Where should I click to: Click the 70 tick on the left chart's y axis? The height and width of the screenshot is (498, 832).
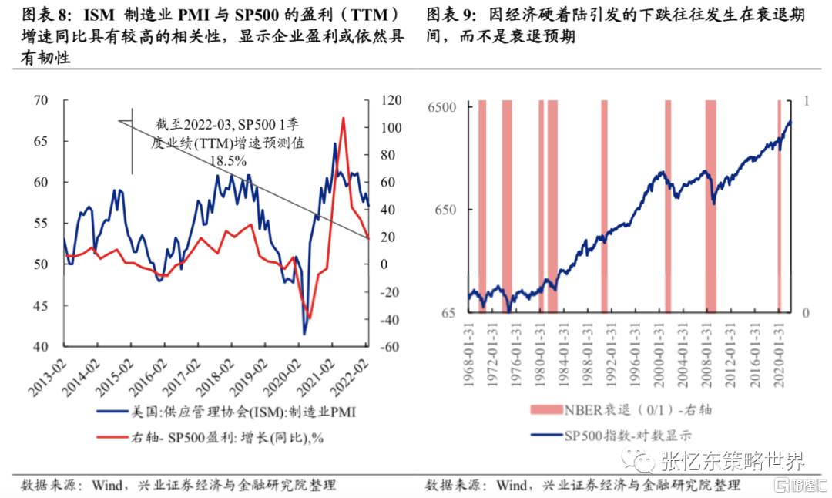[x=40, y=100]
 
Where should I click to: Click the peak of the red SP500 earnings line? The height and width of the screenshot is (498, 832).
[x=343, y=118]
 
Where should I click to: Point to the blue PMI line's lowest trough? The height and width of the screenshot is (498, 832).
[x=304, y=333]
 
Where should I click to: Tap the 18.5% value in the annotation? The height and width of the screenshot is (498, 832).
[x=229, y=161]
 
